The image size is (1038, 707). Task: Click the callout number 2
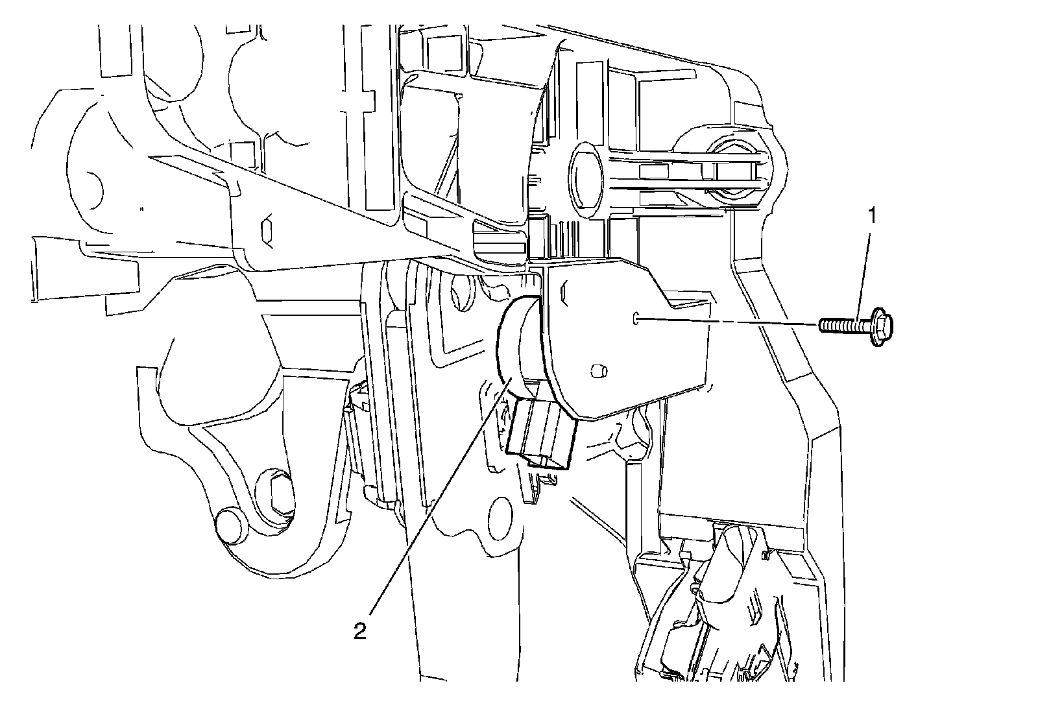360,630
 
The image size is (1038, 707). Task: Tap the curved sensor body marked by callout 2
519,344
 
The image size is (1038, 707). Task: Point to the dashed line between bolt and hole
727,320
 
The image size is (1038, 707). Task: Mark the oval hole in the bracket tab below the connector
501,512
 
